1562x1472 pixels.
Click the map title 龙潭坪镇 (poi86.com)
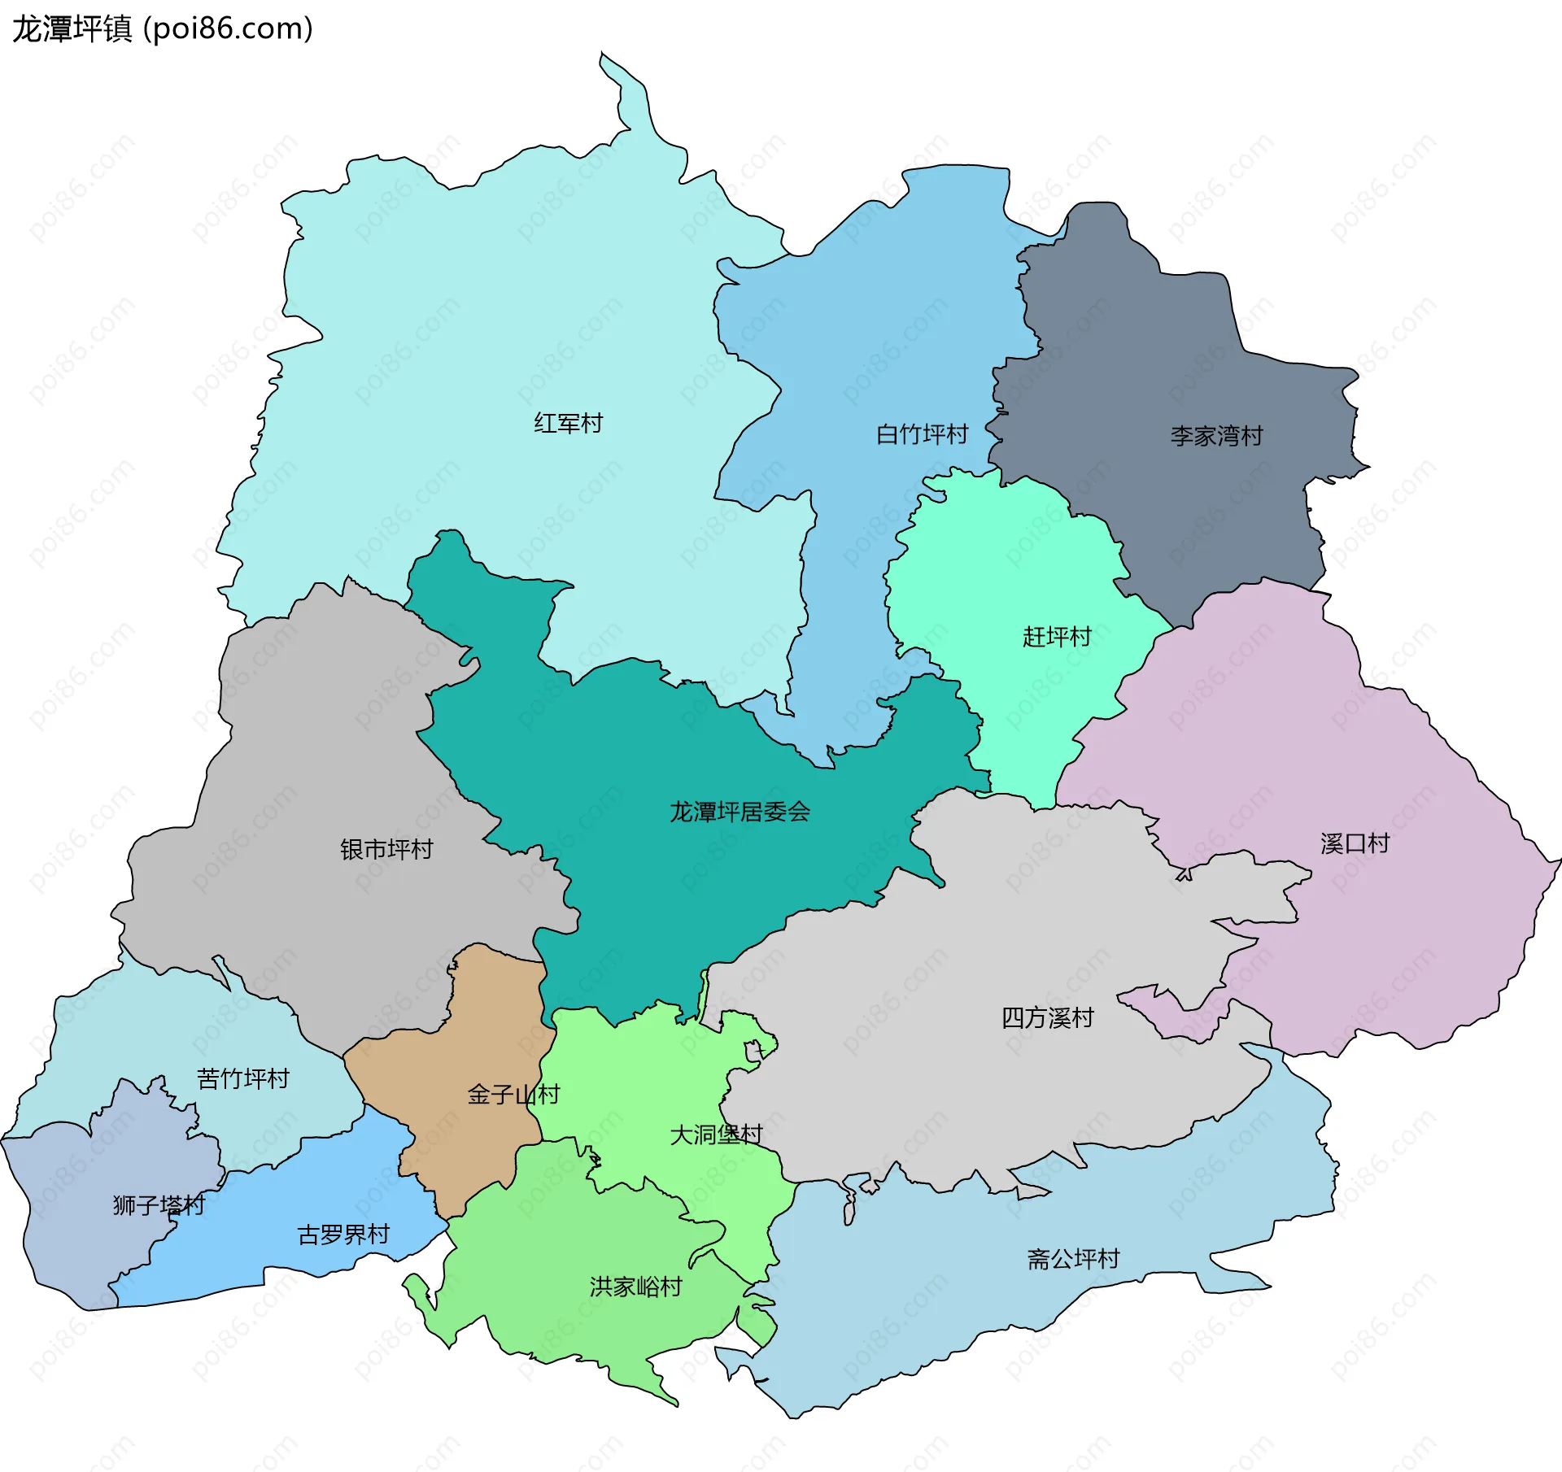click(x=162, y=29)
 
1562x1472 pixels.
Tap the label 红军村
click(x=568, y=424)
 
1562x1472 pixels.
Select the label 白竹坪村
click(x=922, y=434)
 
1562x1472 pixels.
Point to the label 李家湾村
click(x=1216, y=436)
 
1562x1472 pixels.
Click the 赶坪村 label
click(x=1057, y=637)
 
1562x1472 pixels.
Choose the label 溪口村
click(x=1355, y=843)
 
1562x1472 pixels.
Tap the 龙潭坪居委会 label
click(x=740, y=812)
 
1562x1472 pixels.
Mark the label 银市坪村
click(x=386, y=850)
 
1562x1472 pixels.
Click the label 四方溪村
click(x=1047, y=1017)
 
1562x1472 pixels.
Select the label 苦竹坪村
click(x=243, y=1079)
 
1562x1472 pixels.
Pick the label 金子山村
click(x=513, y=1095)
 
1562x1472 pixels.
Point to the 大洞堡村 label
click(x=716, y=1134)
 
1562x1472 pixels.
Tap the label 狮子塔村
click(x=159, y=1205)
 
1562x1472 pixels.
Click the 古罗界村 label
click(x=343, y=1235)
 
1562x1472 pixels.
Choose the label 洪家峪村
click(x=635, y=1287)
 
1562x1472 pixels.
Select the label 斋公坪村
click(x=1073, y=1259)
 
